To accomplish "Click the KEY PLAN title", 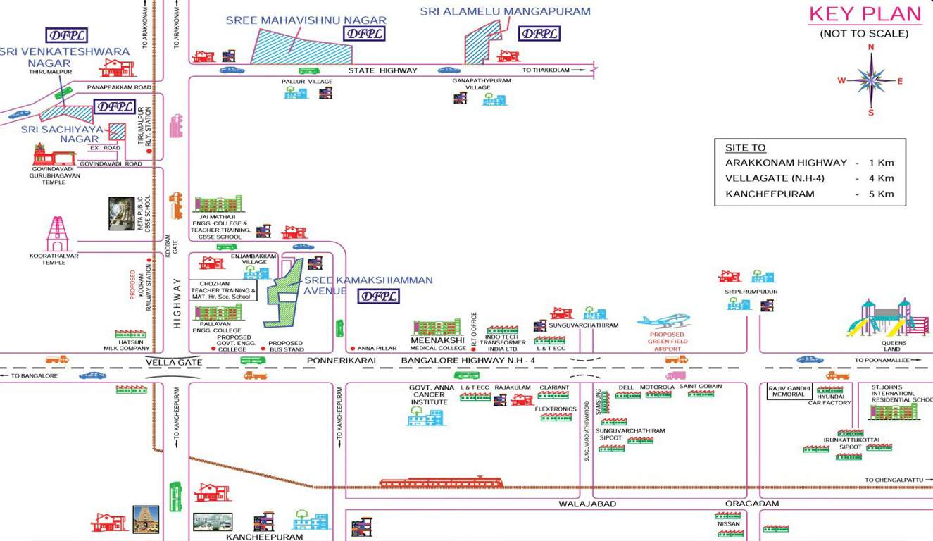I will (865, 14).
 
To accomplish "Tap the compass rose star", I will (871, 80).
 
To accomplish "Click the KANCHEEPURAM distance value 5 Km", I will (885, 194).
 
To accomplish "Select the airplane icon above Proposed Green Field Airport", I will (663, 321).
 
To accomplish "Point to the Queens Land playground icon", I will (886, 318).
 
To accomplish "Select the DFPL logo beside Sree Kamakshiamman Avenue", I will (379, 296).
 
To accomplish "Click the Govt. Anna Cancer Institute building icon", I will (426, 417).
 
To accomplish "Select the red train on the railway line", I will (441, 483).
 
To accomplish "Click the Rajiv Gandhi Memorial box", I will (789, 391).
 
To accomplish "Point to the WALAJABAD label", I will (587, 504).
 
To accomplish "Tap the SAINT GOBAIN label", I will (700, 387).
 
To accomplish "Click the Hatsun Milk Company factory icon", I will (130, 333).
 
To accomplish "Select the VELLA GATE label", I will (174, 362).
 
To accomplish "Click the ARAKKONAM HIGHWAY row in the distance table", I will (809, 163).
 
